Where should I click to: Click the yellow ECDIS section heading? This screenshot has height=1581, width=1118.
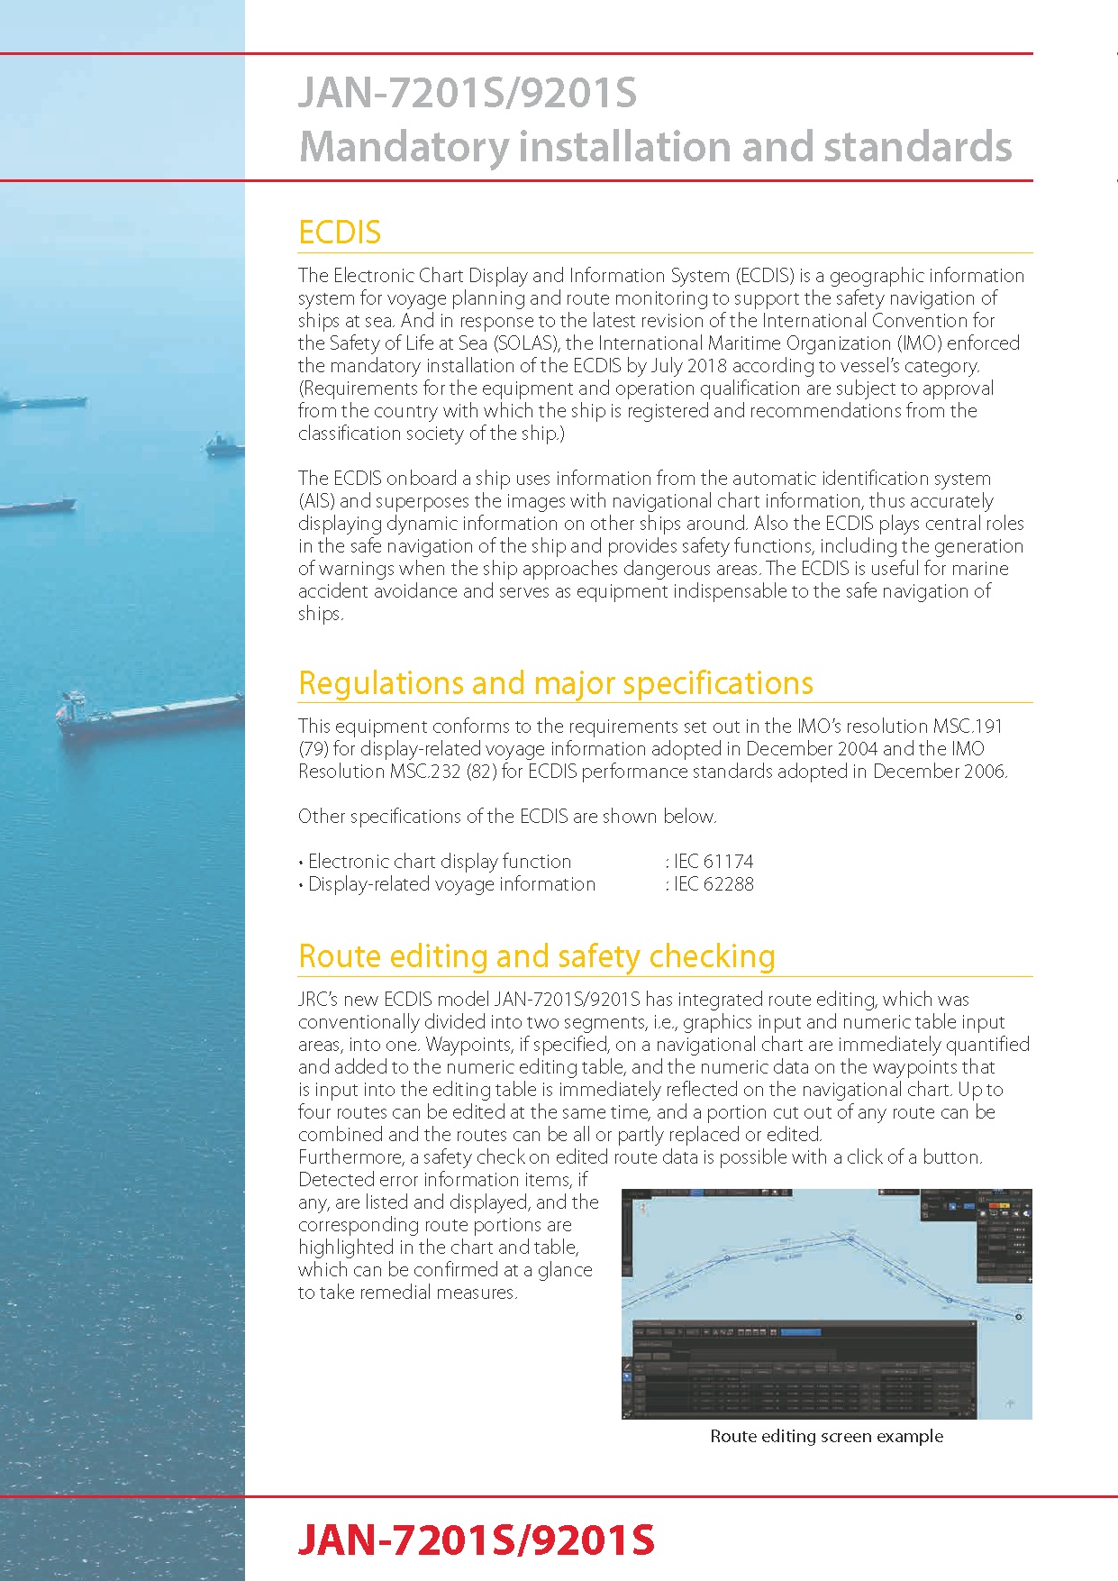pos(340,233)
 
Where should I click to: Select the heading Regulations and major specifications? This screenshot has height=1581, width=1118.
pos(555,683)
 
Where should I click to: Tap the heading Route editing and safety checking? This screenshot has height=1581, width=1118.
pos(536,956)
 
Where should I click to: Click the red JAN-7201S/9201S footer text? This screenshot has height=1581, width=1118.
pos(476,1540)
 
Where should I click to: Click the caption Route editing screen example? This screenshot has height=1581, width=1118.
pos(826,1436)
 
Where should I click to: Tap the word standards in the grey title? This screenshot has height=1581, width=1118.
pos(917,147)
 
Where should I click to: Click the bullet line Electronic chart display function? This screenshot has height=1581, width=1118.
pos(439,862)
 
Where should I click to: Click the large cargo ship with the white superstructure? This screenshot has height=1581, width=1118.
pos(149,714)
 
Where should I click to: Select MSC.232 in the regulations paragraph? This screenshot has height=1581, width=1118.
pos(425,772)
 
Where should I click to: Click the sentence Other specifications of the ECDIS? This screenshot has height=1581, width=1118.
pos(506,817)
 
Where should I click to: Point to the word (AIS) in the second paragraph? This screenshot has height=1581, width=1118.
pos(316,501)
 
